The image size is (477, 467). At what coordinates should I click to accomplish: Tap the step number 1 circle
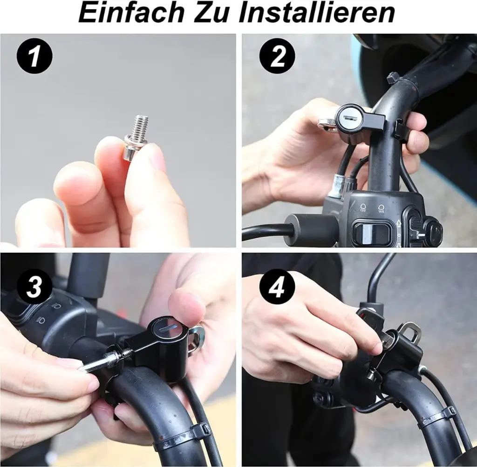click(34, 57)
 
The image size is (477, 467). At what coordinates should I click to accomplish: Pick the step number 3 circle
click(34, 287)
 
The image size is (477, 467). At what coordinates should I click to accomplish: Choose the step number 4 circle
click(277, 287)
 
